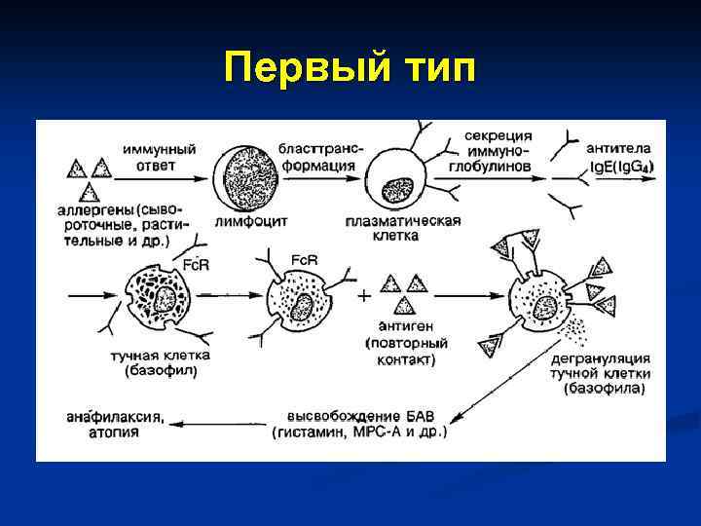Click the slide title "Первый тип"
point(350,69)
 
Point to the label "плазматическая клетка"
point(398,228)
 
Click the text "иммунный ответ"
point(159,157)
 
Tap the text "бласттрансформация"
point(319,157)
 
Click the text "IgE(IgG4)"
point(621,167)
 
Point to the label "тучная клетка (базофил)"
point(161,362)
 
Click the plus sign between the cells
point(364,294)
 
